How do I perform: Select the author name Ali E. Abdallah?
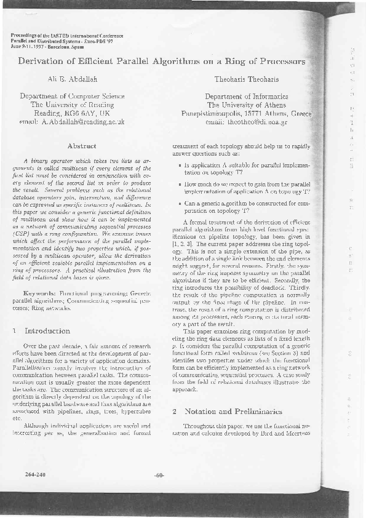point(72,80)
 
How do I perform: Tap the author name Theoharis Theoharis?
point(246,80)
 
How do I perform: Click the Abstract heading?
point(84,146)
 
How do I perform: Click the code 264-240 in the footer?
point(36,492)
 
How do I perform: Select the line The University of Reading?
point(72,105)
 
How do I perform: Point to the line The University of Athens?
point(246,105)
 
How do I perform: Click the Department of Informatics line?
point(246,97)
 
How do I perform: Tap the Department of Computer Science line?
point(72,97)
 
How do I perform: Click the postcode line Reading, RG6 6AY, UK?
point(72,113)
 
